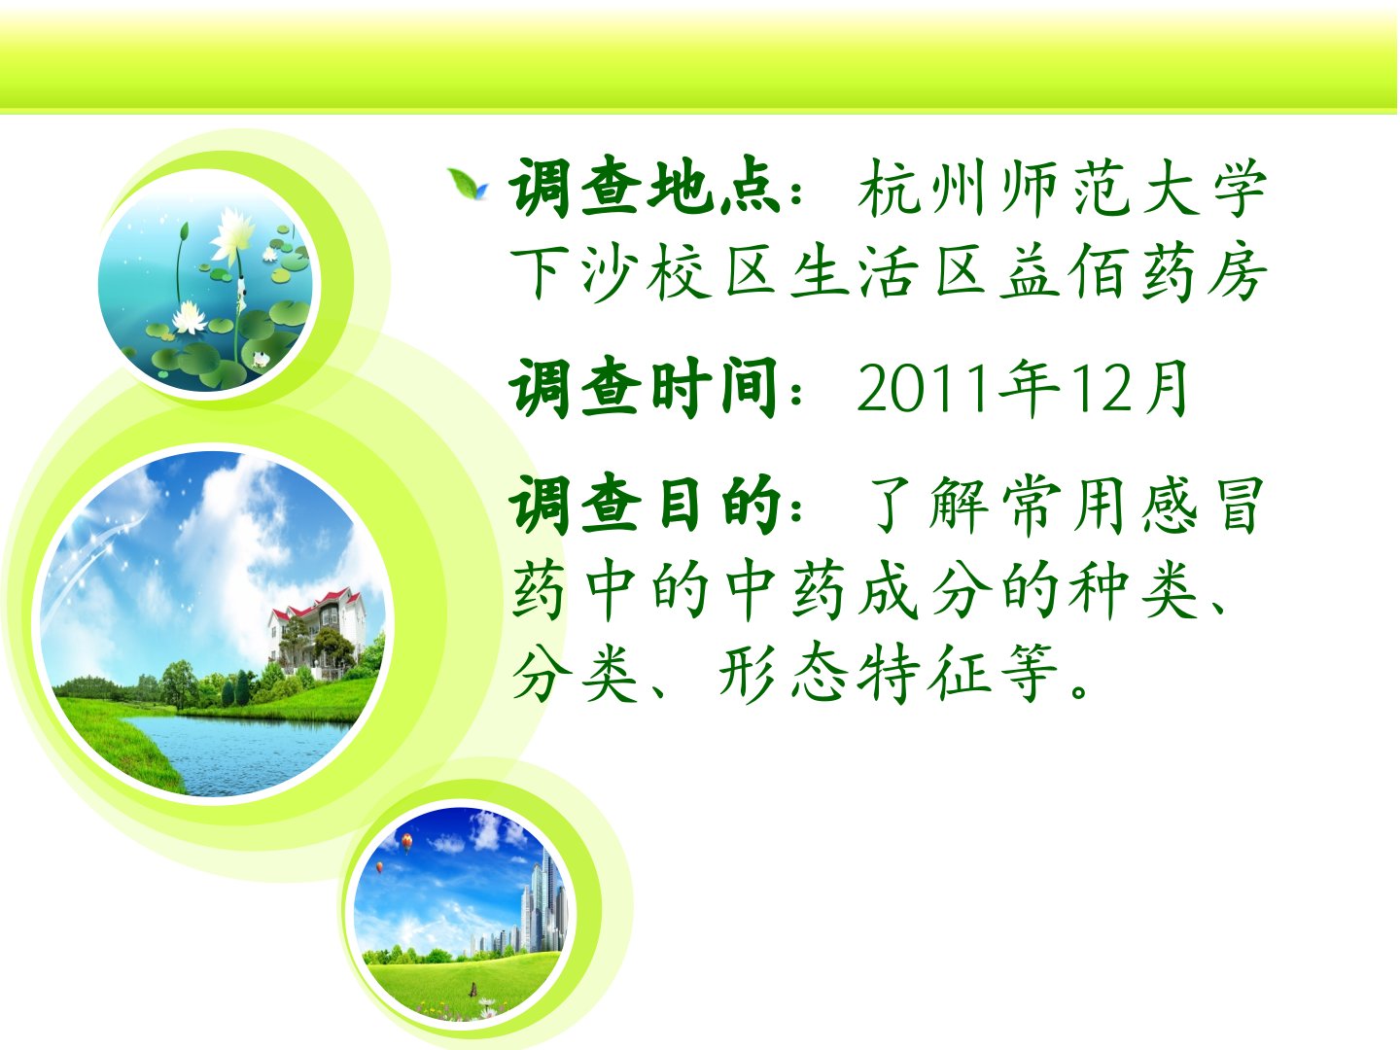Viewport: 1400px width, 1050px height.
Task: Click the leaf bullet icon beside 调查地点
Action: point(468,184)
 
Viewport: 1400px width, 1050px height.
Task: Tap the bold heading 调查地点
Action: point(646,187)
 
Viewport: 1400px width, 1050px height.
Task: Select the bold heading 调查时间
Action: point(645,387)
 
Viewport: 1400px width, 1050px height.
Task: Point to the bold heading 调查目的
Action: point(646,505)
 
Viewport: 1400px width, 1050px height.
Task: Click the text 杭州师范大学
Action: point(1062,187)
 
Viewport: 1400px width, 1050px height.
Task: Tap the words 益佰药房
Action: point(1133,273)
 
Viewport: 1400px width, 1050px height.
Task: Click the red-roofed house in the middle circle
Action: point(317,628)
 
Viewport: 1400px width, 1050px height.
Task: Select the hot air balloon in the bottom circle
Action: point(406,843)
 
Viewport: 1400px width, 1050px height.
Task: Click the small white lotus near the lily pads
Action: point(190,317)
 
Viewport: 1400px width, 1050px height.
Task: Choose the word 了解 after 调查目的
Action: point(928,505)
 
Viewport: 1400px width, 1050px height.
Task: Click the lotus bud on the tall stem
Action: point(185,230)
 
